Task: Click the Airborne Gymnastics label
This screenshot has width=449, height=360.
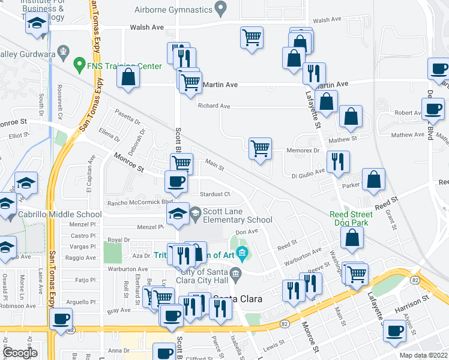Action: (173, 10)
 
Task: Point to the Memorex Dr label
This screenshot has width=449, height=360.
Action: (304, 151)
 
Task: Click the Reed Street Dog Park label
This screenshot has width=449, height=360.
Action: (351, 218)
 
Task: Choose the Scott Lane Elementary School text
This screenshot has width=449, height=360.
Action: (238, 216)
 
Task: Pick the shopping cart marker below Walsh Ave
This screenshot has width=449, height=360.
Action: (252, 38)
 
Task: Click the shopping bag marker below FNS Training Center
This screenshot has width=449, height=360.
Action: (128, 77)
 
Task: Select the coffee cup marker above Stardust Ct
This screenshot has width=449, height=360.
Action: (176, 181)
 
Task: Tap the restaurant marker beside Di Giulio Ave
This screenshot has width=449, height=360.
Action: (338, 162)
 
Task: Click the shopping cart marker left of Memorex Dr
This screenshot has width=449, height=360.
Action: (260, 148)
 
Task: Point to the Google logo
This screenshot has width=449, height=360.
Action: (20, 353)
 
